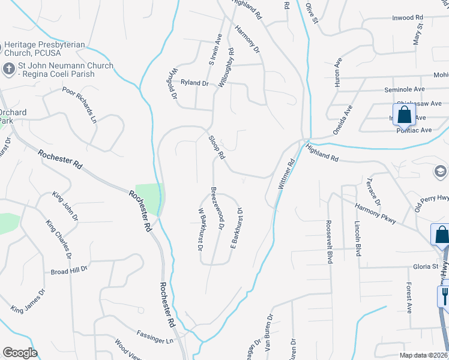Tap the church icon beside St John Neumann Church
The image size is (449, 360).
(x=8, y=69)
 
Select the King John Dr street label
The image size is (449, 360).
(x=64, y=206)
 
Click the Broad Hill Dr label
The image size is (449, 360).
(x=70, y=271)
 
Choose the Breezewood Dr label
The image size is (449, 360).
(x=217, y=208)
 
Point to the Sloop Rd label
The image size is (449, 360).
(x=217, y=146)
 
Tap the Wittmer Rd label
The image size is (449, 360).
(x=288, y=175)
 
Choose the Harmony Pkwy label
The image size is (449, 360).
(x=375, y=214)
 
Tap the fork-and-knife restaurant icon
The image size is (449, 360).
(x=444, y=295)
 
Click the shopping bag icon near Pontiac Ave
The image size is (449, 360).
(x=404, y=115)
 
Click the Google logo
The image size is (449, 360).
(x=20, y=353)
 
